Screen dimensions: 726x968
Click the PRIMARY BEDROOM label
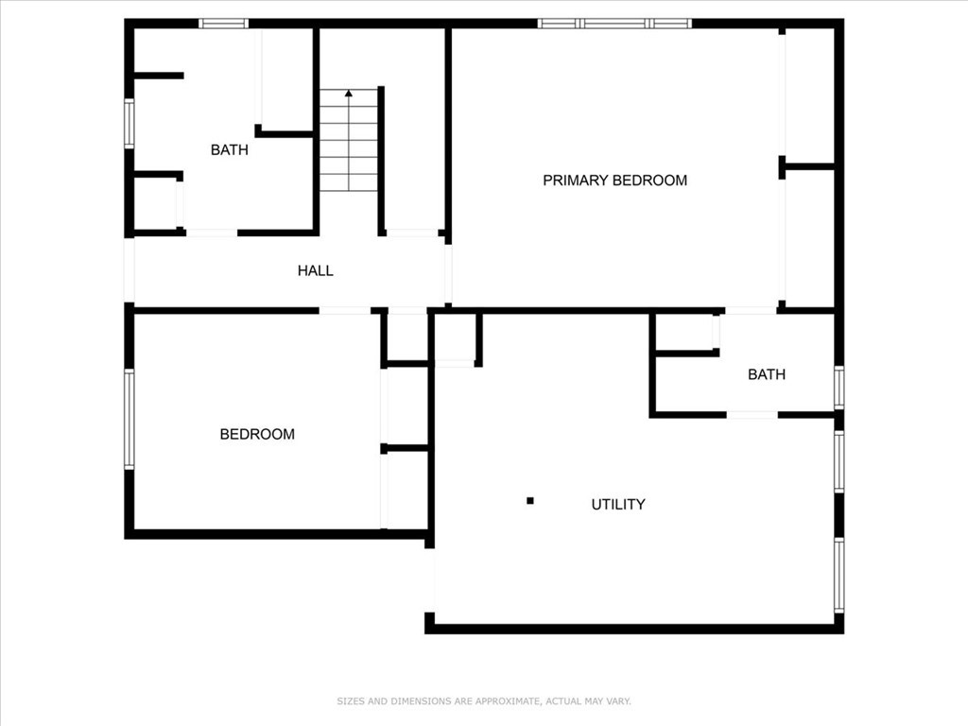coord(614,180)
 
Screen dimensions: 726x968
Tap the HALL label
coord(315,270)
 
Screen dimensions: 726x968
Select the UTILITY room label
coord(618,504)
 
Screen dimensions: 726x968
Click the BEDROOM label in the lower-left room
coord(257,434)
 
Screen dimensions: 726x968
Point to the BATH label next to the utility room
coord(766,374)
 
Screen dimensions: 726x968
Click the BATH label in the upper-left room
coord(229,149)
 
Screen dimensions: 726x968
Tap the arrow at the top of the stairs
coord(349,94)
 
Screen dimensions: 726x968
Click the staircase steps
coord(349,142)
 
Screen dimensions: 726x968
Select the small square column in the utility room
coord(530,500)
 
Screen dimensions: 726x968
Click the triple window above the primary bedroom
coord(614,23)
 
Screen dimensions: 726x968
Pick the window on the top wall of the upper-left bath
coord(223,23)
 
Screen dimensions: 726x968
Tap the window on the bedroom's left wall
coord(130,419)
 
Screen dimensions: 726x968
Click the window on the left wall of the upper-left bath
coord(130,123)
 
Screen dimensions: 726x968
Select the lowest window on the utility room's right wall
coord(838,575)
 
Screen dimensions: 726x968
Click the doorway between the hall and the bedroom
coord(344,310)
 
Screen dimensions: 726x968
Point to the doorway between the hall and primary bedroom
coord(448,274)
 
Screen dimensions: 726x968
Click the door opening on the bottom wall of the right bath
coord(752,414)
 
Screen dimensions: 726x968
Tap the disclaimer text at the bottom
coord(484,701)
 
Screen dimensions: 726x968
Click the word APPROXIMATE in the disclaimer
coord(502,701)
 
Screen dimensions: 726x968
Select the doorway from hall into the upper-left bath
coord(211,233)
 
